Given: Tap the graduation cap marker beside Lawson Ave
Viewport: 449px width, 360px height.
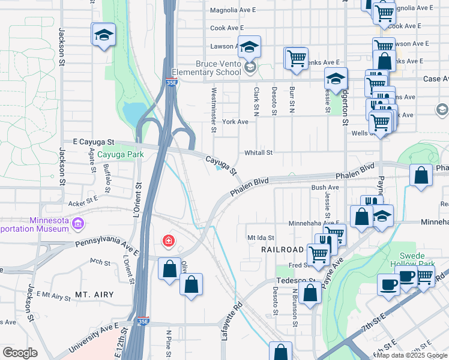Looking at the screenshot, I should (249, 47).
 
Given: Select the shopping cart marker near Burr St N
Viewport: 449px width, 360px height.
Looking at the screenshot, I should (296, 59).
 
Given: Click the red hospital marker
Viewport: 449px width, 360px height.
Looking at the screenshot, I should (169, 241).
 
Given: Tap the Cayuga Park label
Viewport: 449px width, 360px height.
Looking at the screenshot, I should (122, 154).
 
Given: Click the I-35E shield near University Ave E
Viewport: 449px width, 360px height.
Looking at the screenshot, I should (143, 322).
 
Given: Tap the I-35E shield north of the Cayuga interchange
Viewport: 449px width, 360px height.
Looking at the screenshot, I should (172, 85).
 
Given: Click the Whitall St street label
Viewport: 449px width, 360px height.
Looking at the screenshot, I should (258, 153).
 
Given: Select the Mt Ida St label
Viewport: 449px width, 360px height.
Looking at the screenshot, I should (261, 238).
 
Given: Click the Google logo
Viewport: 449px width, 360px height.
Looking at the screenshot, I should (20, 353).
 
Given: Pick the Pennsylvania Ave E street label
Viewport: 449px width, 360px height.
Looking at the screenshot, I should (108, 245).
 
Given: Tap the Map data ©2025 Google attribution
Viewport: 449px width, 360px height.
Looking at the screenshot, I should (412, 355).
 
